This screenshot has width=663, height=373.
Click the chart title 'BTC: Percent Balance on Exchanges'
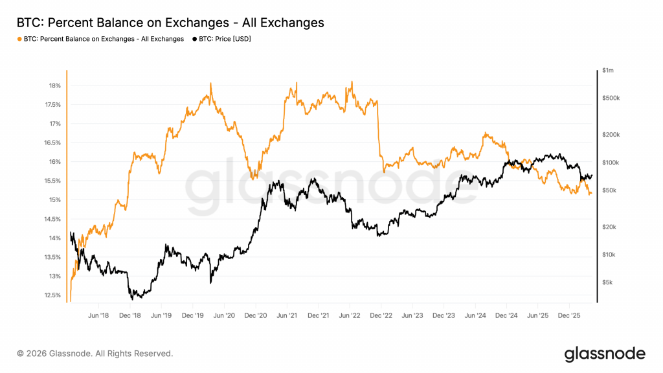click(170, 23)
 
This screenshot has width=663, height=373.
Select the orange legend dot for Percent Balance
click(19, 39)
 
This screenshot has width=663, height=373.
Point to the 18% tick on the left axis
click(54, 85)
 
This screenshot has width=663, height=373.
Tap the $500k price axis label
click(611, 98)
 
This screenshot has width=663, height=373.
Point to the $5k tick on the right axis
click(607, 282)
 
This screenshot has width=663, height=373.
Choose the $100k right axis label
click(611, 162)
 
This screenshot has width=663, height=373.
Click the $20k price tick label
click(609, 227)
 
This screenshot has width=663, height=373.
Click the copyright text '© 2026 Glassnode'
click(95, 354)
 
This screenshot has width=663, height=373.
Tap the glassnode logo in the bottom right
click(605, 354)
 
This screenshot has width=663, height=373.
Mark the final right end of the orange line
click(591, 193)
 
